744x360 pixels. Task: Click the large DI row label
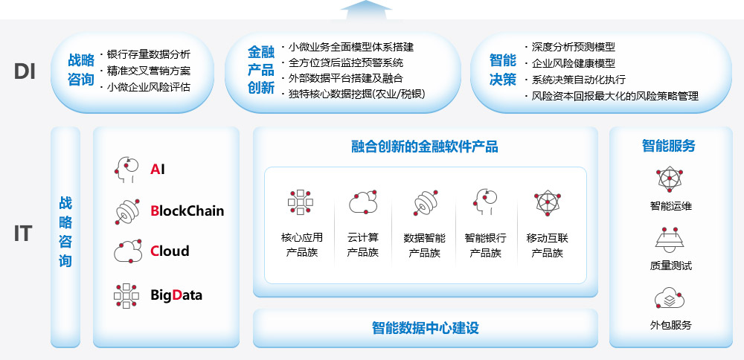(25, 71)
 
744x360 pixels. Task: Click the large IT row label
(23, 234)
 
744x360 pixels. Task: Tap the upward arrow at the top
(366, 10)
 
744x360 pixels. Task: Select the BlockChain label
(187, 210)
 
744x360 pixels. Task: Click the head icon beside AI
(126, 170)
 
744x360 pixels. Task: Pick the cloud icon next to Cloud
(128, 251)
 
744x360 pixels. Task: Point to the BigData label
(176, 295)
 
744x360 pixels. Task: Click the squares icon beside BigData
(126, 295)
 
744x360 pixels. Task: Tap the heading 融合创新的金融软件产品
(425, 147)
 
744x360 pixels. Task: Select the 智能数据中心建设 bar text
(425, 328)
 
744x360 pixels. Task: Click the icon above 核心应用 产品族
(301, 202)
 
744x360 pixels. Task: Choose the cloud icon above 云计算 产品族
(364, 202)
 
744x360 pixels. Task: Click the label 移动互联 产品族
(547, 245)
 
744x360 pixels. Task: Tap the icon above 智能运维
(670, 179)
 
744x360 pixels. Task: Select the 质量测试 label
(670, 266)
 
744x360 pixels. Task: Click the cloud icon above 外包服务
(670, 299)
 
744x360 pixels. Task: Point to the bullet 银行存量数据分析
(149, 54)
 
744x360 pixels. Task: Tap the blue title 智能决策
(502, 70)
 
